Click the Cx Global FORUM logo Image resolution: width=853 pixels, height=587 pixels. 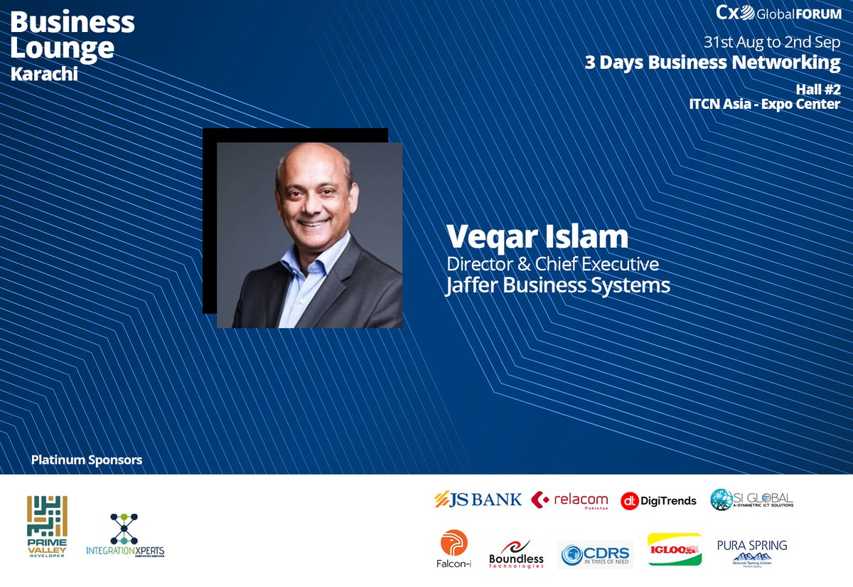click(x=778, y=13)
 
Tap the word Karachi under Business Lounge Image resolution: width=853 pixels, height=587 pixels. click(x=44, y=74)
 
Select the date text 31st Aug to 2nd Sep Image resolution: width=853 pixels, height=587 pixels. click(x=772, y=41)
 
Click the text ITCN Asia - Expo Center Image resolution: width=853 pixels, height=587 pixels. click(x=764, y=104)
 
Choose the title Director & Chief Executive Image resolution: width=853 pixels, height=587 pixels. click(x=552, y=264)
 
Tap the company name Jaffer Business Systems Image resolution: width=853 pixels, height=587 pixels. click(x=558, y=285)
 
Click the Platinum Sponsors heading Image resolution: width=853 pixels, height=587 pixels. click(x=87, y=460)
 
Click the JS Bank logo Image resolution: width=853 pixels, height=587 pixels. click(x=478, y=499)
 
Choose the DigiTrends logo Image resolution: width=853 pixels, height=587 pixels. click(x=658, y=501)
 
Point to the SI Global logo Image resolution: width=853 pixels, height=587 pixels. click(x=751, y=499)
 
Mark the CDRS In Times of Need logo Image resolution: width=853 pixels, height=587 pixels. click(x=595, y=554)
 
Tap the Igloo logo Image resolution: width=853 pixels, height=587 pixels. click(x=674, y=549)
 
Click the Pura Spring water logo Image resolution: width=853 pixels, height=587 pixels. click(x=752, y=551)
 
